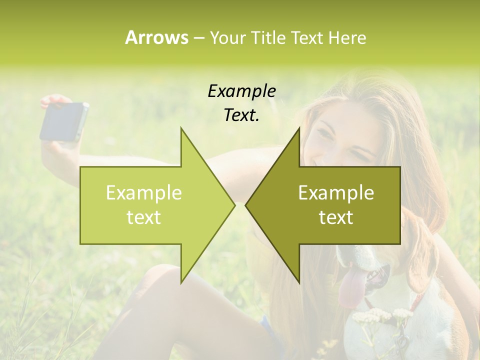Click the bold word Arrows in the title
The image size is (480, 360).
pos(156,37)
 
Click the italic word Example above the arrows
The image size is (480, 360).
pos(241,91)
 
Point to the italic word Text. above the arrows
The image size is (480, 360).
pos(241,115)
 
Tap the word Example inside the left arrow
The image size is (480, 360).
pos(144,192)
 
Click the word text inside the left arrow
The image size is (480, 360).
pos(144,217)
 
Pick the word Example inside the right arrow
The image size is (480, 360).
pos(336,192)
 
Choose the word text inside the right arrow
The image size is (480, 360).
pos(336,217)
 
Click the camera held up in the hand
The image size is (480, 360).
pos(64,121)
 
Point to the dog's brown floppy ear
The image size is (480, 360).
pos(422,255)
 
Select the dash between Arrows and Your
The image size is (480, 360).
pos(198,37)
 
